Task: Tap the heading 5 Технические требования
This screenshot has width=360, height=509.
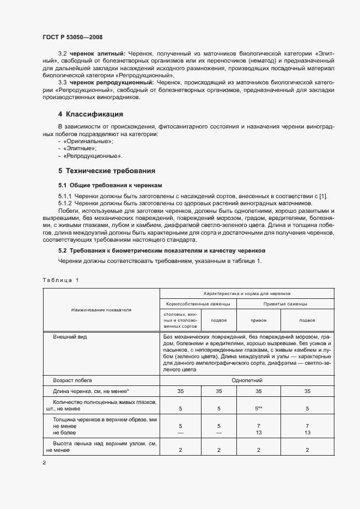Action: [107, 170]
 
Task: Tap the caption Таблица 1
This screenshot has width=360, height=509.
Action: [60, 280]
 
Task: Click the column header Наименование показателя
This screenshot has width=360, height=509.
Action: [101, 310]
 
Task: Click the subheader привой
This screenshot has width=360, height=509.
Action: [258, 321]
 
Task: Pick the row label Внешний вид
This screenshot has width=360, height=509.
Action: [70, 338]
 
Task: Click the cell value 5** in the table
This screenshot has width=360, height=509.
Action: [259, 408]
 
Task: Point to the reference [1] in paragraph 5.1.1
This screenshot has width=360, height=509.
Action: [322, 196]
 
